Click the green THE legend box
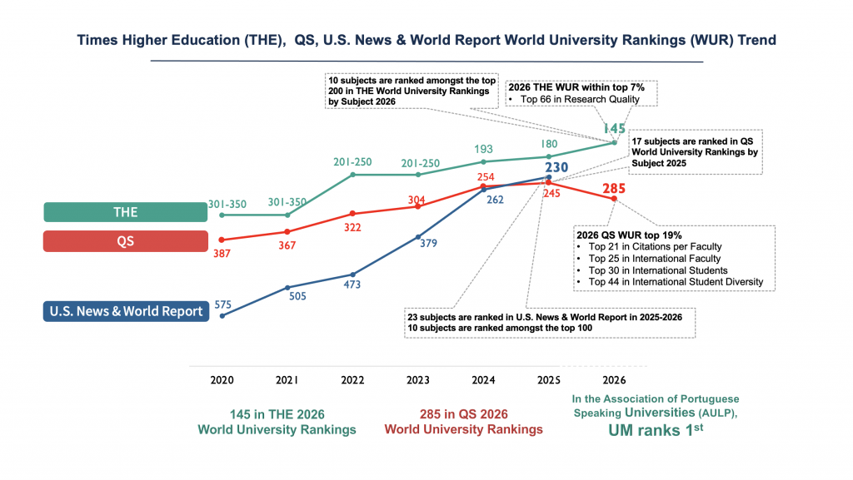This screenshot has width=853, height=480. (125, 212)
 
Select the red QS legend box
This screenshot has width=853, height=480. (125, 241)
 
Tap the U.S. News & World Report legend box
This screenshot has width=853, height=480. (125, 311)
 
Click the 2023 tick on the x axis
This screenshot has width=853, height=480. (418, 379)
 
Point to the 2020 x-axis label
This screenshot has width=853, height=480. (222, 379)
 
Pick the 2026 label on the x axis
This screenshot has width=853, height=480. (614, 379)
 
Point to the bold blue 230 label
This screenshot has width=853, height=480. (556, 167)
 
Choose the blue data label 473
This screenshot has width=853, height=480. (352, 288)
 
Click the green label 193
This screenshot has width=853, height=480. (483, 148)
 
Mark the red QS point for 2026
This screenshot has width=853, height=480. (614, 198)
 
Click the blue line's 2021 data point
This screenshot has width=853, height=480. (287, 288)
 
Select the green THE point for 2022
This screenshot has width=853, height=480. (352, 175)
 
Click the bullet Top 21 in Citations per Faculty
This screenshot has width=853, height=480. (655, 246)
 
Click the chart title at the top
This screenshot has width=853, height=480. (426, 40)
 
